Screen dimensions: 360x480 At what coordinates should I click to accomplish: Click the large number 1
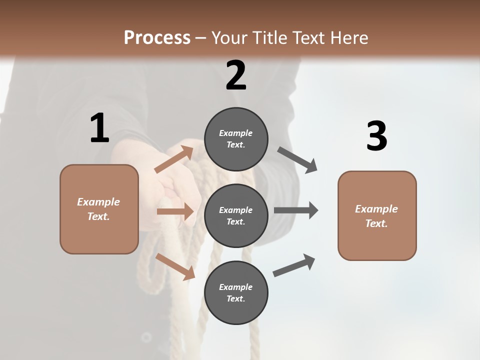coord(99,128)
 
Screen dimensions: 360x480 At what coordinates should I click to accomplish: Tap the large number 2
coord(236,75)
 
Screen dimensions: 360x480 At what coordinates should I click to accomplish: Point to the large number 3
coord(377,136)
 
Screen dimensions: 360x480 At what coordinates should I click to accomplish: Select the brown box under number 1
coord(99,209)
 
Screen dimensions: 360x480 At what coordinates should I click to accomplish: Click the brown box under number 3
coord(377,216)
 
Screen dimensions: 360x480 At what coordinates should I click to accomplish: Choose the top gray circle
coord(236,139)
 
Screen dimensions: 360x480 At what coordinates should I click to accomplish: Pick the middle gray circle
coord(236,216)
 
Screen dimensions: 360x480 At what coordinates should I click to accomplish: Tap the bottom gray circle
coord(236,293)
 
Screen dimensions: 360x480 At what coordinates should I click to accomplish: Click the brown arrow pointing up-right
coord(174,159)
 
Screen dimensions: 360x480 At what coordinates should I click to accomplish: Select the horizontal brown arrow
coord(175,212)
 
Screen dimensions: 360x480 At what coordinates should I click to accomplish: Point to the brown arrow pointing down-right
coord(175,266)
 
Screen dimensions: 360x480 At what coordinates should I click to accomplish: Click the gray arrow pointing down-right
coord(297,160)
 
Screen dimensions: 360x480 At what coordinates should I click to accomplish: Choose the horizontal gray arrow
coord(296,210)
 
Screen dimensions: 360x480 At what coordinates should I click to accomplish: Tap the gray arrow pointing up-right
coord(294,265)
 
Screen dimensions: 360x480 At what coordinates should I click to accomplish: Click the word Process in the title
coord(157,37)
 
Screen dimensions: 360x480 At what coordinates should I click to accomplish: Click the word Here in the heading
coord(347,37)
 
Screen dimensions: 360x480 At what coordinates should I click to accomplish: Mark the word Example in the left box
coord(98,202)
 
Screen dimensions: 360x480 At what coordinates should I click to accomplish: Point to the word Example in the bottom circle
coord(235,287)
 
